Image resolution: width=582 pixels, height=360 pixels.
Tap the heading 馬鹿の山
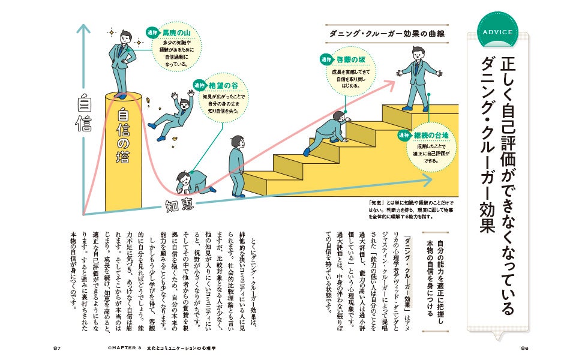point(176,33)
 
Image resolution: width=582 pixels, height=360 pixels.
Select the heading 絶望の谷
point(223,86)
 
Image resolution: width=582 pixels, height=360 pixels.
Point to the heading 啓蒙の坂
point(351,60)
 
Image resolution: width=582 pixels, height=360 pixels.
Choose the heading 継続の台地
point(431,136)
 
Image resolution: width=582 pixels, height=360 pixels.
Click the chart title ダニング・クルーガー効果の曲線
point(387,34)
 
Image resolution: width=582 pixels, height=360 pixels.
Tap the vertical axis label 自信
point(84,113)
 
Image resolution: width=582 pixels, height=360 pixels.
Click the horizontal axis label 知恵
point(179,205)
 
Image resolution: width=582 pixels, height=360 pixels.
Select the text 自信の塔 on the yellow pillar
point(123,136)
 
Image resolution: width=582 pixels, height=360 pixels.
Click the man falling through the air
point(171,116)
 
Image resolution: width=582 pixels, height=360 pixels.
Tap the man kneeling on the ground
point(195,182)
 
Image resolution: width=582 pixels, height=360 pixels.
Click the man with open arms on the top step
point(419,79)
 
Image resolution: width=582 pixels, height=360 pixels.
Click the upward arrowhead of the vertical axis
point(84,29)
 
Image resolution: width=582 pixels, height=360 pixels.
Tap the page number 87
point(57,348)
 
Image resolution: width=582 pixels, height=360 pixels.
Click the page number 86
point(524,348)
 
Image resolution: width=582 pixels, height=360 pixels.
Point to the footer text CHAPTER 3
point(125,348)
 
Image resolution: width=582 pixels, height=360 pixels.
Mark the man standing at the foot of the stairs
point(237,166)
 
